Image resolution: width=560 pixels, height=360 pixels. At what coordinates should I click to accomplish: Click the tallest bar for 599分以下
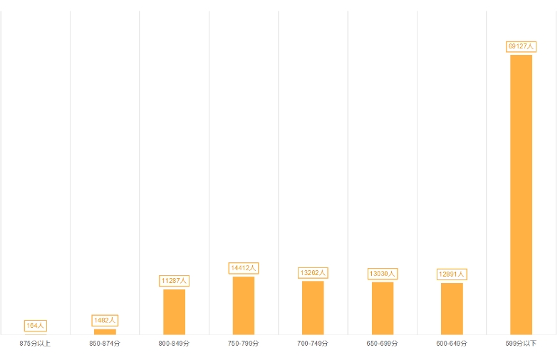(x=521, y=194)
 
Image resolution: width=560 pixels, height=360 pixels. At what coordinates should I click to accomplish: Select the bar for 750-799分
(x=243, y=305)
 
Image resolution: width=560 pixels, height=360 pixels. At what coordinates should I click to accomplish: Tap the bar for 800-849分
(x=174, y=312)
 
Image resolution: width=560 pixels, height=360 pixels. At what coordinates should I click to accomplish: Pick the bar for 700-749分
(x=313, y=307)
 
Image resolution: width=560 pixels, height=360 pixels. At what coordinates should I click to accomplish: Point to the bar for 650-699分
(x=382, y=308)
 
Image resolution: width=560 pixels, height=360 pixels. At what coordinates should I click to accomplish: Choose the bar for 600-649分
(x=452, y=309)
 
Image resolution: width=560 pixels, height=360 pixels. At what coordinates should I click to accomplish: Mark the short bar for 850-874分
(x=105, y=331)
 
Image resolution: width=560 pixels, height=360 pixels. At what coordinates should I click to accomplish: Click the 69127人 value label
(x=521, y=46)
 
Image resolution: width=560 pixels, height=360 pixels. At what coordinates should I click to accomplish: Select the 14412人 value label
(x=243, y=268)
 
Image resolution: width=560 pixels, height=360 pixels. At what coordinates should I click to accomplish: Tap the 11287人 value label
(x=174, y=281)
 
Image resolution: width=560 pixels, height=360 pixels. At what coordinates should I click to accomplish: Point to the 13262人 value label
(x=313, y=272)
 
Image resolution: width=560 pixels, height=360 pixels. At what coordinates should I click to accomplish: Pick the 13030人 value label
(x=382, y=273)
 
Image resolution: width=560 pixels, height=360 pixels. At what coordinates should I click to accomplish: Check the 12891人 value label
(x=452, y=274)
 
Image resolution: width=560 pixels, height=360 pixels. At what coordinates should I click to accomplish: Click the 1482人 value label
(x=105, y=321)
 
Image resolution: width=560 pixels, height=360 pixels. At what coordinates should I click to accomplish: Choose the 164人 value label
(x=35, y=326)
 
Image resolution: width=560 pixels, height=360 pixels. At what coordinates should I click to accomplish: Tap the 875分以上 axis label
(x=35, y=344)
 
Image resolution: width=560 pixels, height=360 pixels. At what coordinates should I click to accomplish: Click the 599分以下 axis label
(x=521, y=344)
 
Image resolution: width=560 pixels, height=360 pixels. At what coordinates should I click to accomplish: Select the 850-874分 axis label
(x=105, y=344)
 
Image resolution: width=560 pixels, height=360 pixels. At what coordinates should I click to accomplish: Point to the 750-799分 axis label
(x=243, y=344)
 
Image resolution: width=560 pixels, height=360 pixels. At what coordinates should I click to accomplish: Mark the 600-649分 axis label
(x=452, y=344)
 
